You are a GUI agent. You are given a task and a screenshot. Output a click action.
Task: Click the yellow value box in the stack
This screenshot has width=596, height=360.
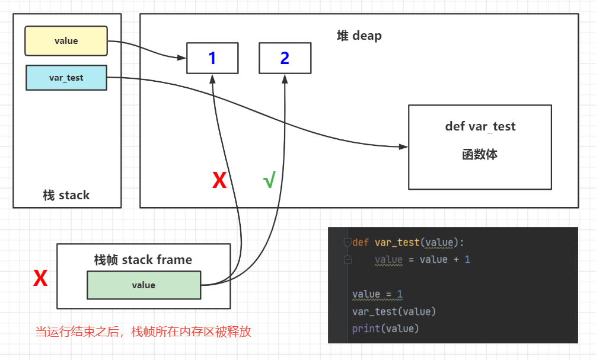click(x=66, y=41)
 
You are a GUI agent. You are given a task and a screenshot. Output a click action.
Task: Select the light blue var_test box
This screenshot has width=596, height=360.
click(x=66, y=78)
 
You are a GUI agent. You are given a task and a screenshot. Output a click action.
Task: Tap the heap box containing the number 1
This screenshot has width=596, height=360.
click(x=212, y=58)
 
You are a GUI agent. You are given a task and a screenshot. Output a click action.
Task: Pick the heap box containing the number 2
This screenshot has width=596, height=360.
click(x=285, y=58)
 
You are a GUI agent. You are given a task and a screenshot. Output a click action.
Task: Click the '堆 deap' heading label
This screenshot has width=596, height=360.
click(x=359, y=36)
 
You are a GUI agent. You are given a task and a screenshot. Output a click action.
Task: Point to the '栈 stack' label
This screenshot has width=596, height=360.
click(x=66, y=195)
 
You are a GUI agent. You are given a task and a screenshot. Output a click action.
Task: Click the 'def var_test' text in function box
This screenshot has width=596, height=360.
click(x=480, y=126)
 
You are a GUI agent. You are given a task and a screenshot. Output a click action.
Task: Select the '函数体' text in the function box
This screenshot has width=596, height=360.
click(x=480, y=155)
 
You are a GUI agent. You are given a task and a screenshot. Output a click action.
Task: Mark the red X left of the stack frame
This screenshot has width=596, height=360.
click(x=40, y=278)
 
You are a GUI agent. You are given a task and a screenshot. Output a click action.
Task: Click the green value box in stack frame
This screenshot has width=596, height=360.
click(x=144, y=285)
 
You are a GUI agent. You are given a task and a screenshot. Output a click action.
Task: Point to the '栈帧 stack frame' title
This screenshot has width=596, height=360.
click(x=143, y=260)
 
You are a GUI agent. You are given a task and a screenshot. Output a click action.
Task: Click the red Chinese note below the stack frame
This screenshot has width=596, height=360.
click(x=143, y=332)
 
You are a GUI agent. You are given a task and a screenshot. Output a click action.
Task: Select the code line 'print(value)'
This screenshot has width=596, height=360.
click(x=385, y=328)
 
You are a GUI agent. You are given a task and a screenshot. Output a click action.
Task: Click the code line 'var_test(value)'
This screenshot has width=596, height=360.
click(x=394, y=311)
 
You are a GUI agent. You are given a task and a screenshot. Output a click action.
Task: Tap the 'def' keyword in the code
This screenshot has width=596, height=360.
click(x=361, y=243)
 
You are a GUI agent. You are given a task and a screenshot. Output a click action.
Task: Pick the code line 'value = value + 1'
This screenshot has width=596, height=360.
click(x=422, y=260)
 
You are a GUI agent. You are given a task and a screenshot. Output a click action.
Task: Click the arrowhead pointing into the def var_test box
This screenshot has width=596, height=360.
click(x=404, y=146)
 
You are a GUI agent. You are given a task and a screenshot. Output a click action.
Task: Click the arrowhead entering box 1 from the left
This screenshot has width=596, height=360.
click(x=182, y=58)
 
